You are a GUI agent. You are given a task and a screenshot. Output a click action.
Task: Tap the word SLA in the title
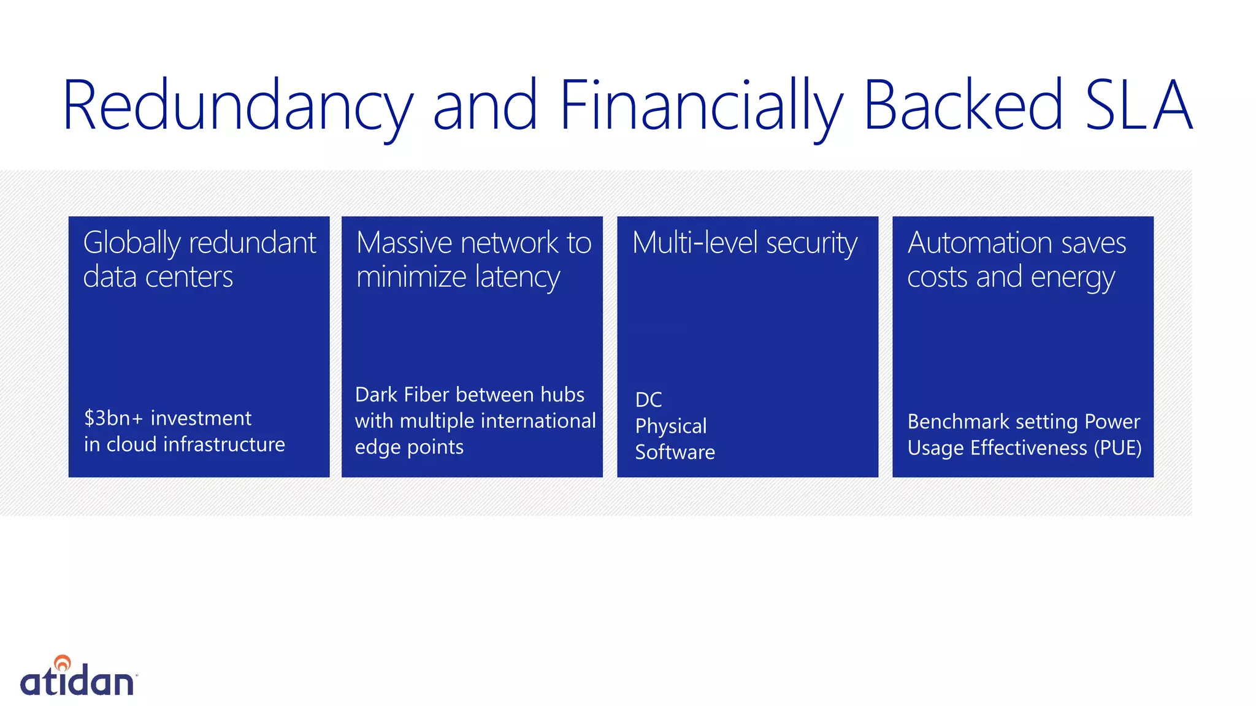pyautogui.click(x=1138, y=105)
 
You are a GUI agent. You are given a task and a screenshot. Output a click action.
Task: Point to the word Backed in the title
pyautogui.click(x=963, y=105)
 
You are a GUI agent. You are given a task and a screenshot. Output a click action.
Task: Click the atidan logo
pyautogui.click(x=78, y=678)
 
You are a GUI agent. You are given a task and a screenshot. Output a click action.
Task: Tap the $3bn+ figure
pyautogui.click(x=113, y=418)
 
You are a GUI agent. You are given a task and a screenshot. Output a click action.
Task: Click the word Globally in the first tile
pyautogui.click(x=131, y=243)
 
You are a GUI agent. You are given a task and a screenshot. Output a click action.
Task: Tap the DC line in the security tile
pyautogui.click(x=648, y=400)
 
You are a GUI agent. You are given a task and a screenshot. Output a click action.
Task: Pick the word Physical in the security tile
pyautogui.click(x=671, y=426)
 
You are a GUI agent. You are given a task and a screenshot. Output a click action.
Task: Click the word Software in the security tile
pyautogui.click(x=675, y=452)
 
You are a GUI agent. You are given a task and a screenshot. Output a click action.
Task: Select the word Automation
pyautogui.click(x=979, y=243)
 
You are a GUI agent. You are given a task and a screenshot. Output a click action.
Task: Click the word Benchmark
pyautogui.click(x=958, y=422)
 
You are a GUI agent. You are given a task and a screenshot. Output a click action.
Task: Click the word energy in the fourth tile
pyautogui.click(x=1073, y=278)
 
